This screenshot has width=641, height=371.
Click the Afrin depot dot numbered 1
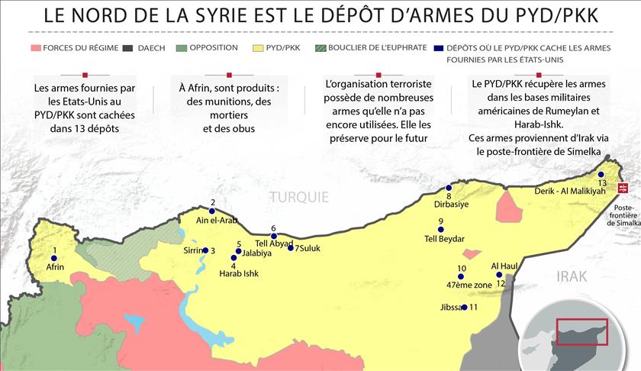pos(54,259)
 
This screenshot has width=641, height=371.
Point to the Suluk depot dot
pos(291,247)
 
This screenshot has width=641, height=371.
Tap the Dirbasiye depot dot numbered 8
pos(449,188)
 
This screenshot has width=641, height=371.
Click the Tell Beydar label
pos(444,239)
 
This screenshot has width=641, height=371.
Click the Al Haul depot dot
pos(499,275)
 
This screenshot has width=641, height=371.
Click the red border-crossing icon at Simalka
pos(623,187)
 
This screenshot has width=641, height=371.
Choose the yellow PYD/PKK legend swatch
pos(258,48)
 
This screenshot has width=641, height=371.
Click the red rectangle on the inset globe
pos(581,332)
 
